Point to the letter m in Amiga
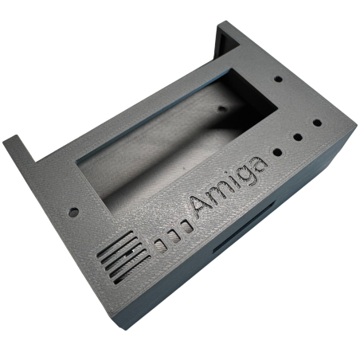[x=217, y=196]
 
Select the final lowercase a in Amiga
[x=257, y=165]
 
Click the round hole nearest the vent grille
[x=73, y=212]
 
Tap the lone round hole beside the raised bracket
[x=279, y=79]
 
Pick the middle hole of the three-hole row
[x=298, y=137]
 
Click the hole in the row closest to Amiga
[x=277, y=152]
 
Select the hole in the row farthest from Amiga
[x=317, y=123]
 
